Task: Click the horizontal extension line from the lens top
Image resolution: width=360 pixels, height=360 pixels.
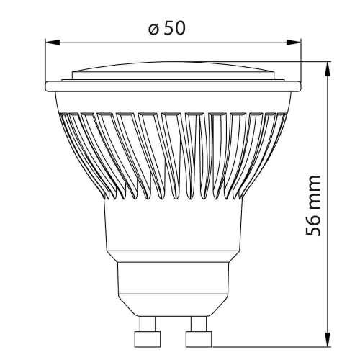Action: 302,62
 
